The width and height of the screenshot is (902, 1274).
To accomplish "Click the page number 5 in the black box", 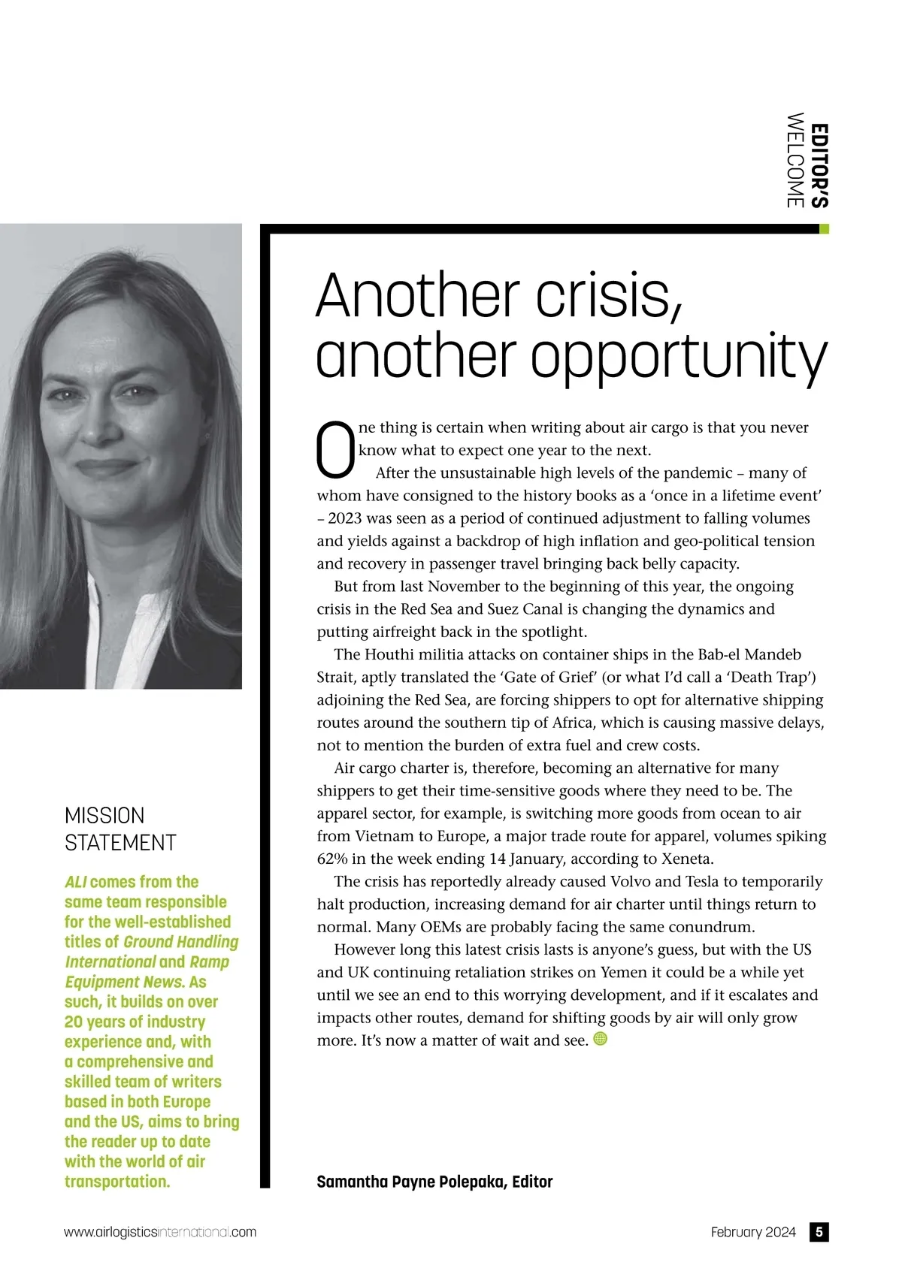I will click(x=819, y=1232).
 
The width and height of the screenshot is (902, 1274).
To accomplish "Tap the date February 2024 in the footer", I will click(x=752, y=1232).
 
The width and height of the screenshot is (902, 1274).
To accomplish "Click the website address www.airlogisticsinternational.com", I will click(x=160, y=1232).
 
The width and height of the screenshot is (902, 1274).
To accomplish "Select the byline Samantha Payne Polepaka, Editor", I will click(x=434, y=1182).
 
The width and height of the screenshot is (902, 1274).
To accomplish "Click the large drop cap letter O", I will click(x=335, y=450).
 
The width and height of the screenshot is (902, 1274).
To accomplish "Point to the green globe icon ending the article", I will click(x=600, y=1039).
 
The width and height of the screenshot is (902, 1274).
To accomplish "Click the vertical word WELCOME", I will click(x=795, y=160).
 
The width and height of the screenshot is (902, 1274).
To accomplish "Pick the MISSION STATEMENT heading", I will click(x=120, y=829).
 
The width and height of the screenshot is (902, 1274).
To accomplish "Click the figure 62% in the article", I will click(x=331, y=859).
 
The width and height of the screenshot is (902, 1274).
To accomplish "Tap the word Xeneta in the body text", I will click(x=686, y=859).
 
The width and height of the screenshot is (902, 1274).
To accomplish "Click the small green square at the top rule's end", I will click(x=824, y=229).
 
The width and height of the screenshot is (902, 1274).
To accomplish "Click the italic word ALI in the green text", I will click(x=75, y=882).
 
